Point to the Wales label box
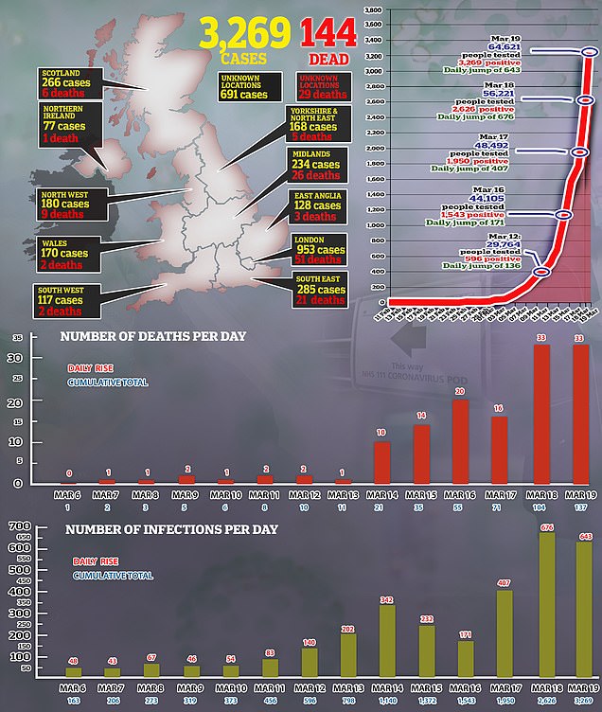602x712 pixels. tap(65, 254)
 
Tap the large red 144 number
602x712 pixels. tap(328, 35)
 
